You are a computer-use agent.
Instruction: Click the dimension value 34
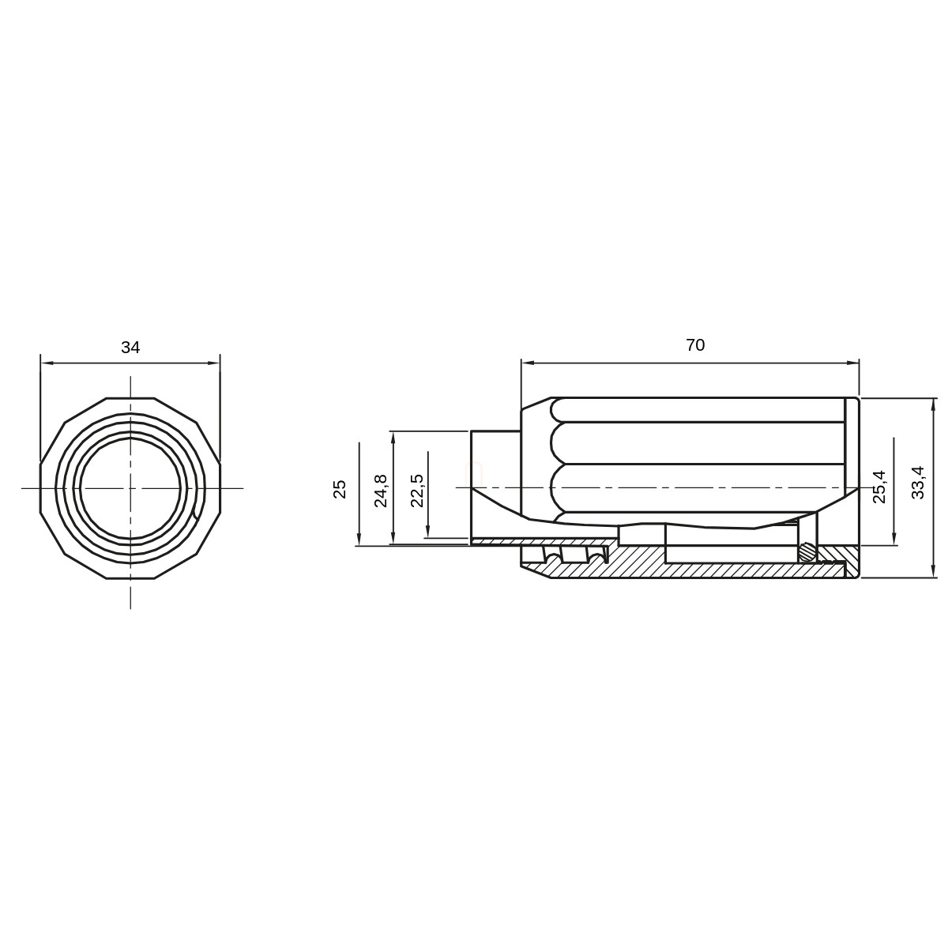click(130, 348)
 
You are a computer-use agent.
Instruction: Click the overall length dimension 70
click(695, 345)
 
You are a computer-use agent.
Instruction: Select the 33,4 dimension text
click(919, 482)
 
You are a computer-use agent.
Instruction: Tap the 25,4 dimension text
click(878, 487)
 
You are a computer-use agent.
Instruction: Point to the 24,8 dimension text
click(381, 491)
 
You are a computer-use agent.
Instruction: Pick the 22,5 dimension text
click(416, 491)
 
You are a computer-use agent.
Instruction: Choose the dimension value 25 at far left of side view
click(340, 489)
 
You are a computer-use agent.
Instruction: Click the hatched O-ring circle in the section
click(808, 551)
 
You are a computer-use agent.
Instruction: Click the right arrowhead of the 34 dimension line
click(215, 363)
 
